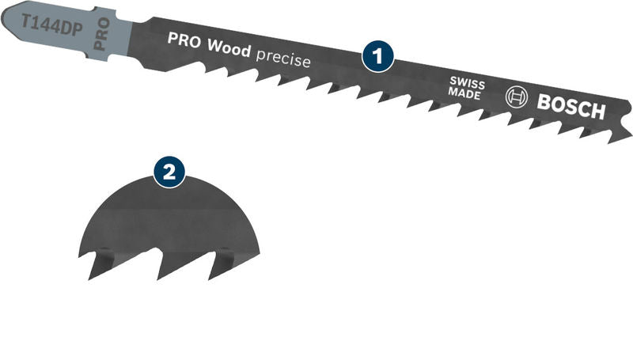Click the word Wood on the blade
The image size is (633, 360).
coord(229,49)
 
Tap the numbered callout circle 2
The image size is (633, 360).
coord(169,172)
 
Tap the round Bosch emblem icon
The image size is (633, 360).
coord(516,98)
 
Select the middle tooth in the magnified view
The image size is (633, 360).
coord(161,269)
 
